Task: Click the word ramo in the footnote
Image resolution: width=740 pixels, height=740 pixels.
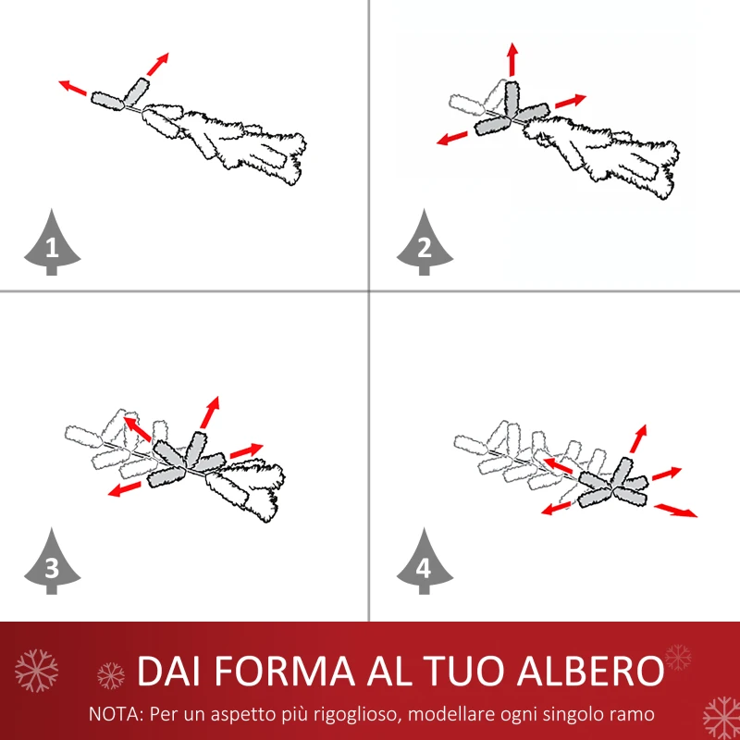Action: [x=635, y=714]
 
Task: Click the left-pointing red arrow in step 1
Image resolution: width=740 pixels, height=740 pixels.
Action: [x=73, y=89]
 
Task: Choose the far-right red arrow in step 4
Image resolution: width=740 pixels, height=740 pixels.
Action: [x=676, y=511]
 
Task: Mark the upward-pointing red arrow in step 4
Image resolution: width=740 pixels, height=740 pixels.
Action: [x=638, y=438]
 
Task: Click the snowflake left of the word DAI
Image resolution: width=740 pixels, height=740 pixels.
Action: [x=111, y=674]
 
